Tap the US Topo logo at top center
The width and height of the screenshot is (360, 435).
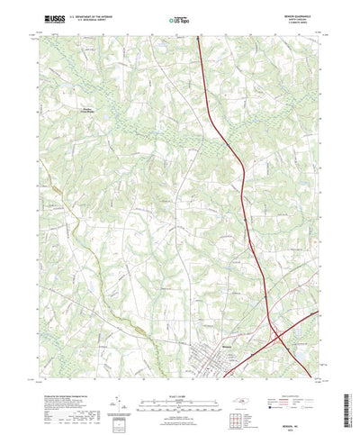(x=179, y=18)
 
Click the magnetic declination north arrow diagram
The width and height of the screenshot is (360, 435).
(x=118, y=378)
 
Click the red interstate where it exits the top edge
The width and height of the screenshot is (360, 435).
(x=197, y=37)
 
